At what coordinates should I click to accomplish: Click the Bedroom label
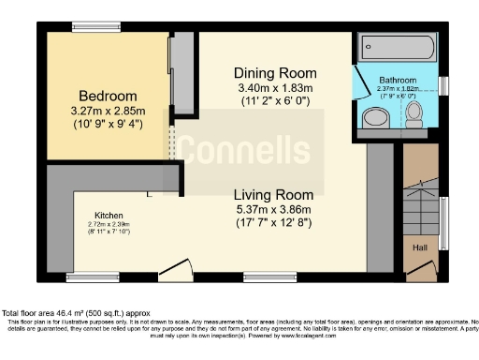click(108, 96)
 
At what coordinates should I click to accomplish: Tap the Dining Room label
click(275, 73)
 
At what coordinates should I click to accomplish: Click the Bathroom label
click(398, 81)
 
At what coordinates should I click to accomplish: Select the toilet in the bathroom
click(414, 113)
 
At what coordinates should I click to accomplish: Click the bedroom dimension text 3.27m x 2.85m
click(108, 112)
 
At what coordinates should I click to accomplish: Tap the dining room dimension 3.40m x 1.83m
click(275, 88)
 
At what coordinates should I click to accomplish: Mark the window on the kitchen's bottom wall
click(93, 277)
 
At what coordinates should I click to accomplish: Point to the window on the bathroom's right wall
click(443, 86)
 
